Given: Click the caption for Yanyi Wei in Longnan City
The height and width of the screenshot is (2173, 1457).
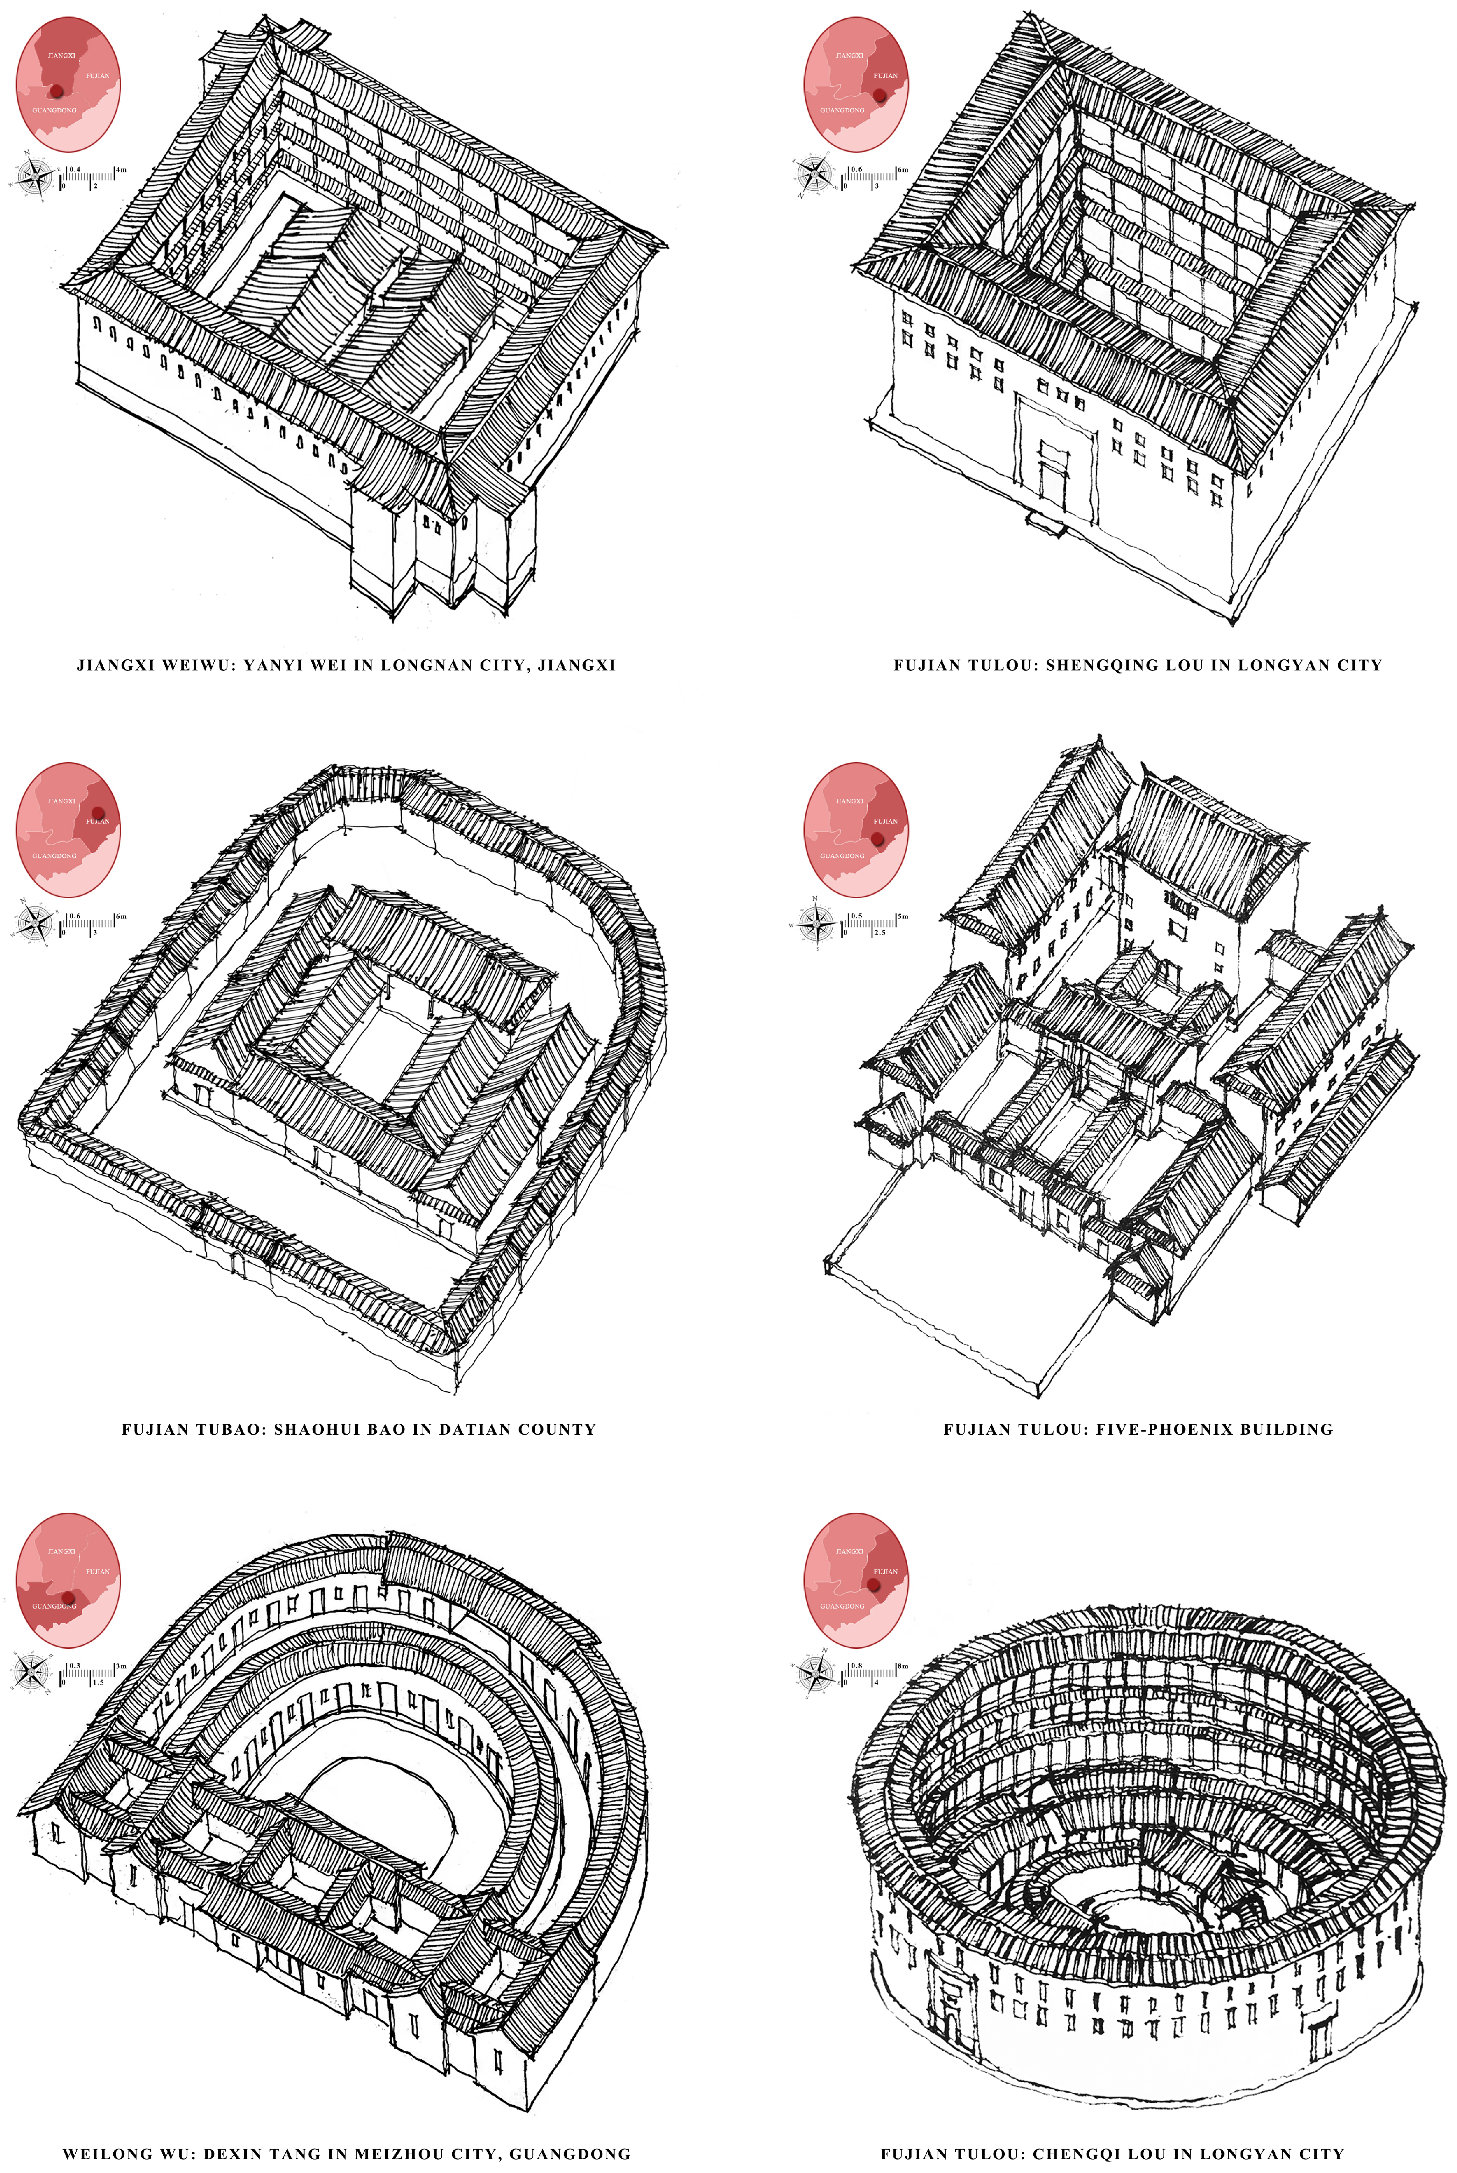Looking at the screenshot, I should (x=346, y=665).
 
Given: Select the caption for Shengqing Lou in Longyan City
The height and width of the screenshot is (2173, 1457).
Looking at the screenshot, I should (x=1137, y=665).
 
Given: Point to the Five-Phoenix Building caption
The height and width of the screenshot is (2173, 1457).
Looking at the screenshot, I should (x=1137, y=1429).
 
